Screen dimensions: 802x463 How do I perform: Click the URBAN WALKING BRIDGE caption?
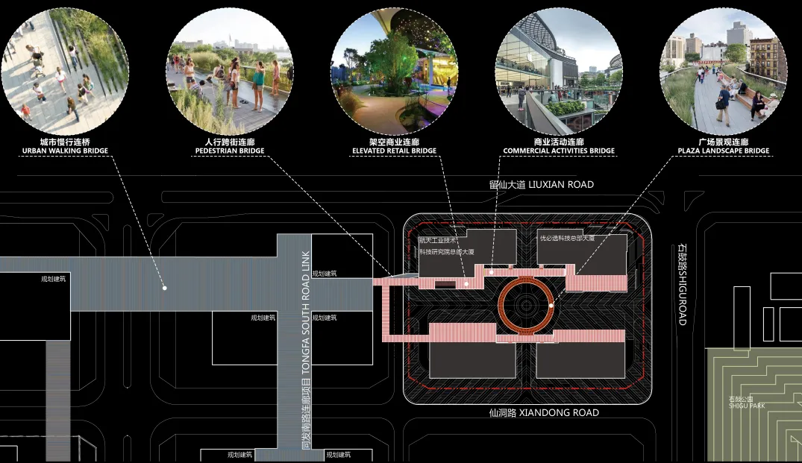point(65,151)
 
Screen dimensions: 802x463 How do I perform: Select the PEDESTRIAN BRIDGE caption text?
point(230,151)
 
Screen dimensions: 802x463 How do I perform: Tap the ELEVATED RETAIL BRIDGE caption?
point(394,151)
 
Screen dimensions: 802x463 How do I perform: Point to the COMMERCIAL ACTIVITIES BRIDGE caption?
point(559,151)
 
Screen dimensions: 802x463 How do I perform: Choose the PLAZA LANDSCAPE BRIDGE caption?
point(723,151)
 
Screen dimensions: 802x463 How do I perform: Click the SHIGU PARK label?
point(747,403)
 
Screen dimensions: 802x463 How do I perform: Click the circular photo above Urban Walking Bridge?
point(65,70)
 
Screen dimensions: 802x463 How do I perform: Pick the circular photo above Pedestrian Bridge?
point(229,70)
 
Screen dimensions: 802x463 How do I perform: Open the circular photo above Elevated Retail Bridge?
point(394,70)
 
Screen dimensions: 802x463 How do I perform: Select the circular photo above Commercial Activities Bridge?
point(559,70)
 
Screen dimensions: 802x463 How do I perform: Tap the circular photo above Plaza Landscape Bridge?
point(723,70)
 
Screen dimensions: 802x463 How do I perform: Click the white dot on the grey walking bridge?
point(164,287)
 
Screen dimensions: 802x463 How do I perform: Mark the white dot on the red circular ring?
point(551,305)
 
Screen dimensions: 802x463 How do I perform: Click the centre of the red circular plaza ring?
point(526,305)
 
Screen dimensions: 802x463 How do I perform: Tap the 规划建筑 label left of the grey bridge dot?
point(54,280)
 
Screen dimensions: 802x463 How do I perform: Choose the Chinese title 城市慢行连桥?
point(65,142)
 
